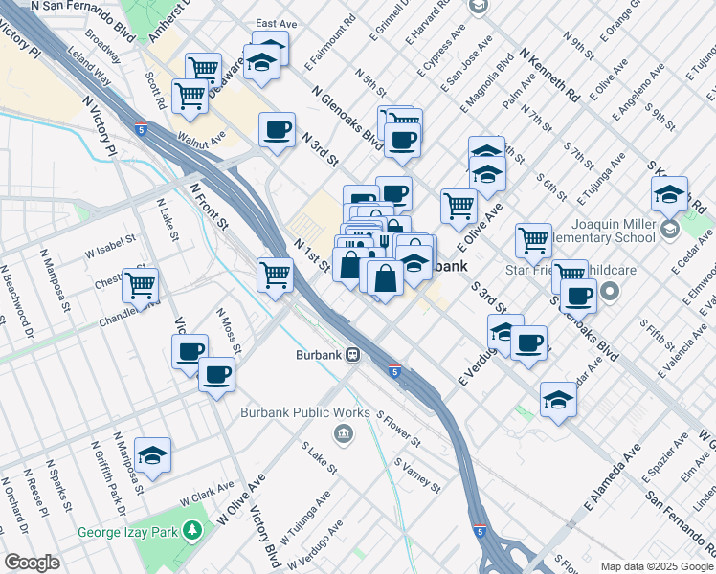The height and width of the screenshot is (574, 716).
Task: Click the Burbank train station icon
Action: pos(353,355)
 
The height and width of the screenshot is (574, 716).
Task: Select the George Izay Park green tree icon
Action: pos(192,529)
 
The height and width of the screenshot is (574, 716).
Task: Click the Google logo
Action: pos(32,563)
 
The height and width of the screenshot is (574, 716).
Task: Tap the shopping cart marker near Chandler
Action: pos(141,285)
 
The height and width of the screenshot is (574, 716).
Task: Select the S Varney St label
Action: pos(417,473)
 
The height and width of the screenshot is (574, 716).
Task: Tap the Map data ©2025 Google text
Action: pos(657,566)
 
